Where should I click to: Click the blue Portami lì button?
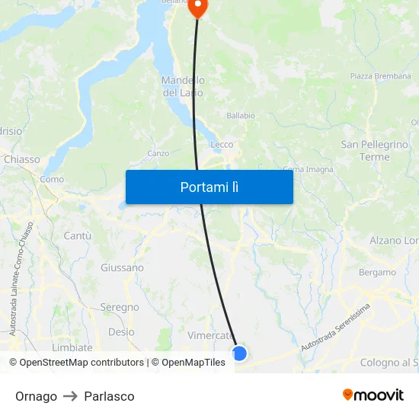click(209, 187)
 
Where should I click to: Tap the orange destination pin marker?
click(197, 7)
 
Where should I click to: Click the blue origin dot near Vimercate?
click(239, 353)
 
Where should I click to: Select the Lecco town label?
click(222, 144)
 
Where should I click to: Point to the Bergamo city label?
click(377, 272)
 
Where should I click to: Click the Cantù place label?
click(77, 236)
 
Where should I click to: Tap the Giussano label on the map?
click(122, 267)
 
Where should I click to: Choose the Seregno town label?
click(120, 307)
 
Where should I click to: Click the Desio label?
click(121, 332)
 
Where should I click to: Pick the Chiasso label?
click(21, 159)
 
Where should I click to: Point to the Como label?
click(52, 180)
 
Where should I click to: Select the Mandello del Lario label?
click(183, 86)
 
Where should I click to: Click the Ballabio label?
click(241, 116)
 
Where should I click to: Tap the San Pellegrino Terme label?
click(375, 151)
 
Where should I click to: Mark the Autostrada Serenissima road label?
click(335, 328)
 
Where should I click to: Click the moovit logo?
click(373, 395)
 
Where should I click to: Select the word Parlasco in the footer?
click(109, 396)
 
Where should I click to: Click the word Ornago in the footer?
click(36, 396)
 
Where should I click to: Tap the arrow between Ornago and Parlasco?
click(70, 396)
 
